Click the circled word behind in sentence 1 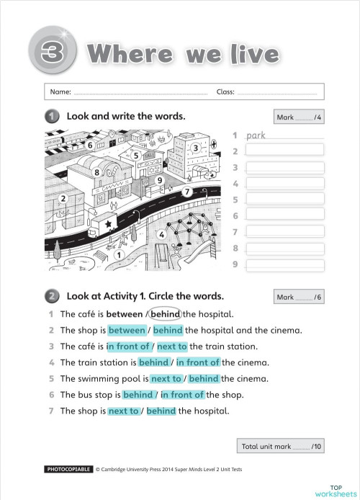(166, 313)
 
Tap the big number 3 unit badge (49, 54)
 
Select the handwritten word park (256, 135)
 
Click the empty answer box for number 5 (284, 199)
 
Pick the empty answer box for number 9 (284, 264)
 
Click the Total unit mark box (282, 447)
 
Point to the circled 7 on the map (186, 192)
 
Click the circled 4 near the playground (162, 234)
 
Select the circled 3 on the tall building (195, 148)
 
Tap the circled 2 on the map (63, 198)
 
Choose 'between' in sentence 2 (127, 331)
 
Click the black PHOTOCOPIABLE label (68, 469)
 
